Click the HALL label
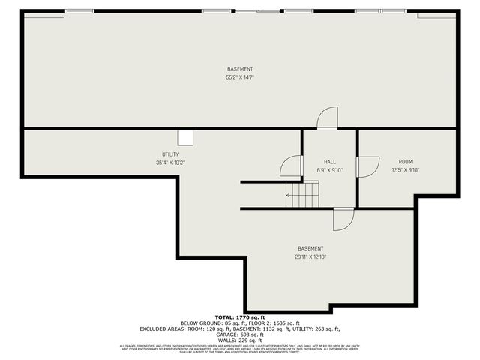[329, 162]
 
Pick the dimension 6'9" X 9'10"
[329, 170]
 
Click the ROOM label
[405, 162]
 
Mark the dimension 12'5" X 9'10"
[405, 170]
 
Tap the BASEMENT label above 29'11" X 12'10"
[310, 249]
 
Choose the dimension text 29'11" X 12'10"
[310, 257]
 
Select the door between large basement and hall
[327, 119]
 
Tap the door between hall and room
[367, 166]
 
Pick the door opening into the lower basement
[342, 219]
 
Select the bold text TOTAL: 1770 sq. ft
[240, 317]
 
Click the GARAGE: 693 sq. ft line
[240, 334]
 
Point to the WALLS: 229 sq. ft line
[240, 340]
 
